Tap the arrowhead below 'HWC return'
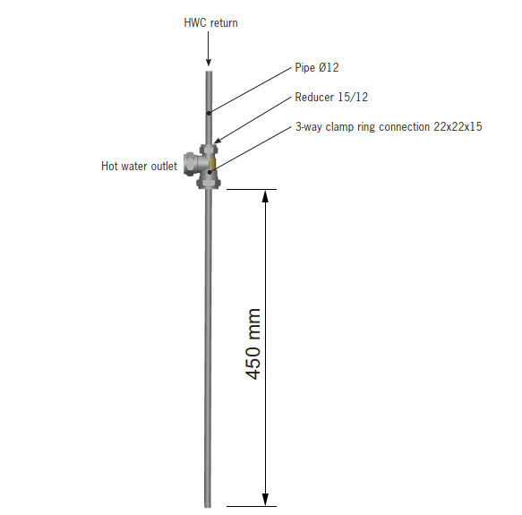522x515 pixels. (208, 62)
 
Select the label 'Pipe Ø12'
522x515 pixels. (317, 67)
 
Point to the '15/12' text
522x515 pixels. (354, 98)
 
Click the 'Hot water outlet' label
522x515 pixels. (139, 166)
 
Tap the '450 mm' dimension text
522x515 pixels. (253, 344)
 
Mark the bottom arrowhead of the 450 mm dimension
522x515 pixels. (265, 499)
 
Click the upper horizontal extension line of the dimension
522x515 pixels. (251, 189)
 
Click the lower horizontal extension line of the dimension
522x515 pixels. (251, 507)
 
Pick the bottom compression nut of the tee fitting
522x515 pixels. (209, 182)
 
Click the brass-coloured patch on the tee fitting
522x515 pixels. (211, 165)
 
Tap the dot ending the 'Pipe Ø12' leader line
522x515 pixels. (208, 113)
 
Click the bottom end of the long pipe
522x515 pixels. (209, 504)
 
